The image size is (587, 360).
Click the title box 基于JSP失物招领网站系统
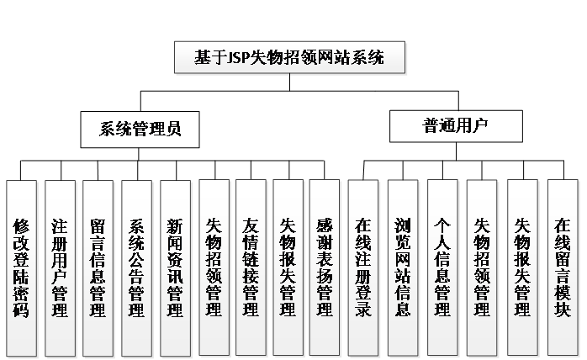[289, 59]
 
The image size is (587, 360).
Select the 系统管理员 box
[140, 130]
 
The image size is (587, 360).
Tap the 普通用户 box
[456, 126]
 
